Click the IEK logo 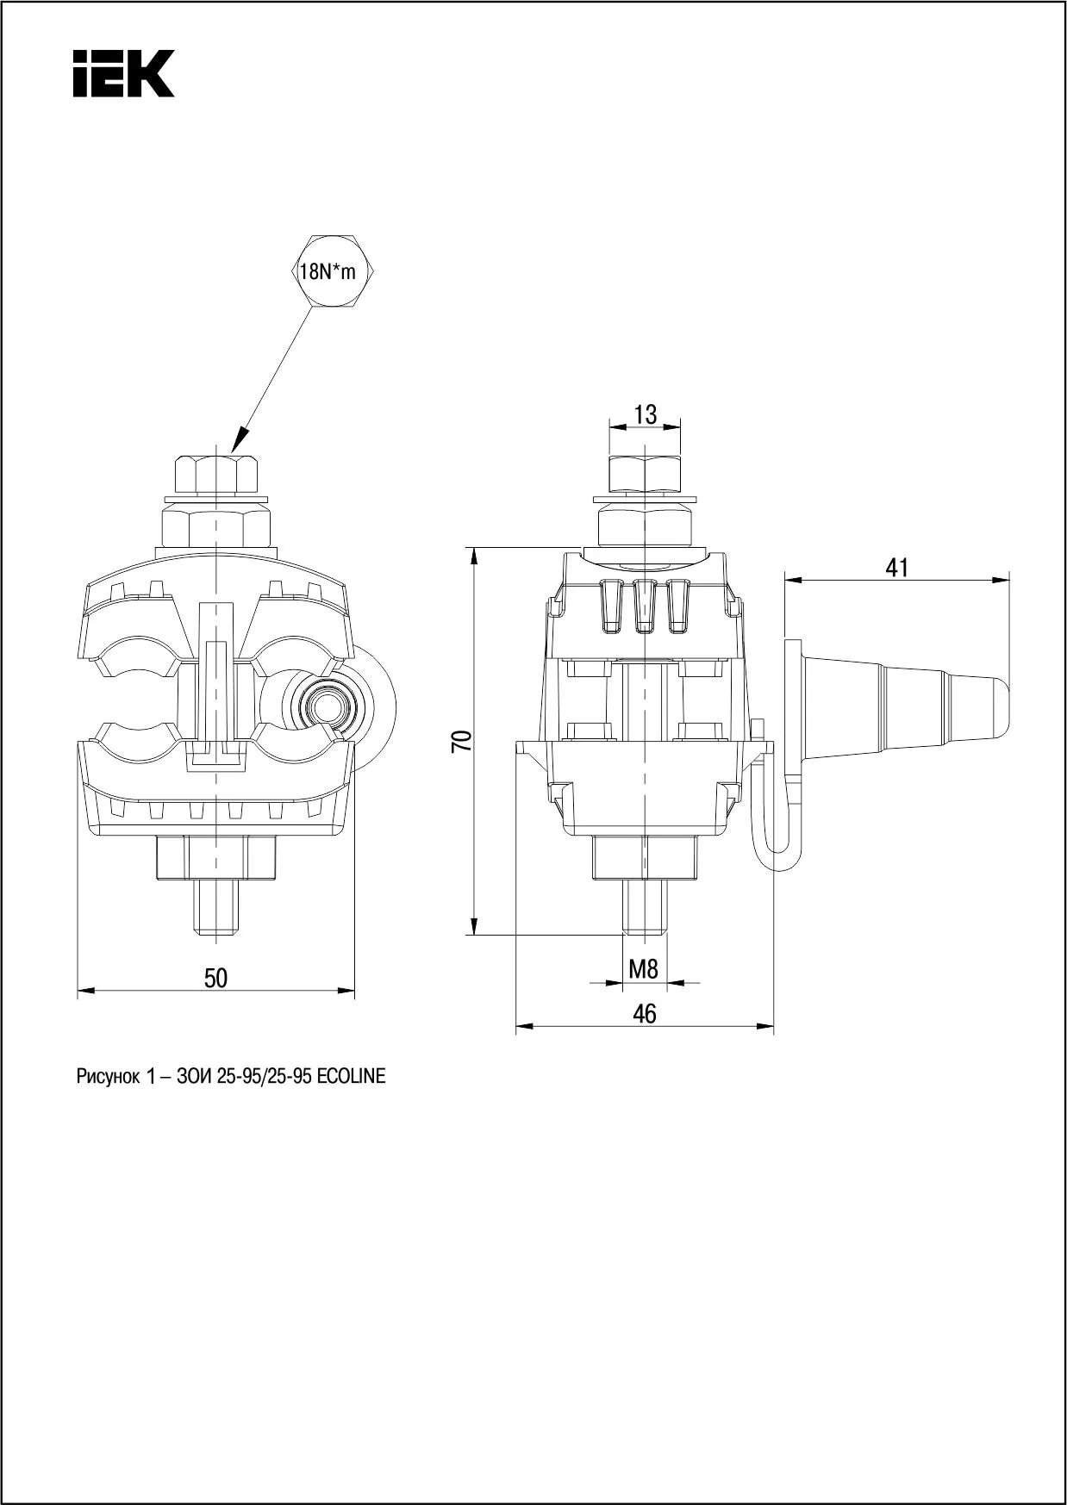[123, 73]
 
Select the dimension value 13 [645, 414]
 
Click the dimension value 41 [897, 568]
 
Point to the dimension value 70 [463, 741]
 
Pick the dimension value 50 [215, 978]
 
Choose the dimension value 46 [644, 1014]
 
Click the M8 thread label [643, 969]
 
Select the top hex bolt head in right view [645, 473]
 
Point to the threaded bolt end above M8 [644, 906]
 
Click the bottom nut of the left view [217, 859]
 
